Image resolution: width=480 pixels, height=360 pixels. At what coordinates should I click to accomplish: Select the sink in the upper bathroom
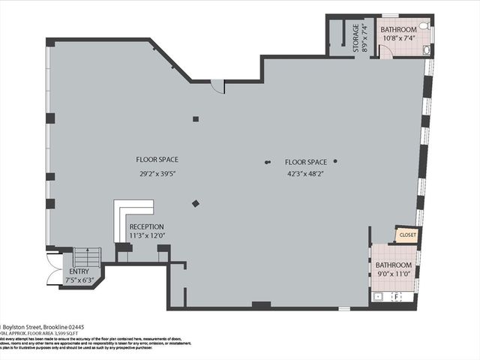[x=427, y=50]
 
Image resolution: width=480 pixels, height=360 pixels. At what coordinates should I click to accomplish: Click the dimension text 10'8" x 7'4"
[x=398, y=38]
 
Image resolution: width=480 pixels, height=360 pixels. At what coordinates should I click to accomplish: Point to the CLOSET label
[x=407, y=235]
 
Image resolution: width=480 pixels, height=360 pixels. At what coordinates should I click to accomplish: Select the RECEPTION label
[x=146, y=226]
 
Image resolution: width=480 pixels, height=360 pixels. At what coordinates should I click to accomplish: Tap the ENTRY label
[x=79, y=271]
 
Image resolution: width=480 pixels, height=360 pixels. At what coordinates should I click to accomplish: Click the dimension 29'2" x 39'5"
[x=157, y=174]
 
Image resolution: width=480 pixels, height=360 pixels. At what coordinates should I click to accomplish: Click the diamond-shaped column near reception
[x=196, y=202]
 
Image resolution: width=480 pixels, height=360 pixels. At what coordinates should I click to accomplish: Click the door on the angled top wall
[x=217, y=85]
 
